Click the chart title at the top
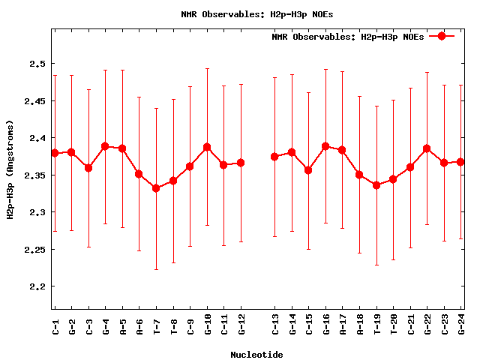pos(258,14)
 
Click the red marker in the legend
pos(442,36)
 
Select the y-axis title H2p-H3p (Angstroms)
pos(10,169)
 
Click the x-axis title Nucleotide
pos(256,355)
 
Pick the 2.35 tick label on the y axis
pos(35,175)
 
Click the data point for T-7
pos(156,188)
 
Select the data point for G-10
pos(207,147)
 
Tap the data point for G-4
pos(105,146)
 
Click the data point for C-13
pos(274,156)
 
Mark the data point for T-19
pos(376,184)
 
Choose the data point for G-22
pos(427,148)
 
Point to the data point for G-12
pos(241,163)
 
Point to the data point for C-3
pos(88,168)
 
